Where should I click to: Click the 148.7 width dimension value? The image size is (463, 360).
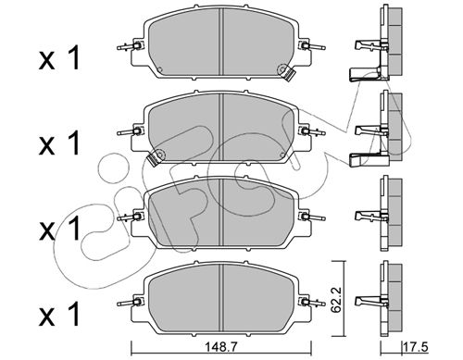coord(222,348)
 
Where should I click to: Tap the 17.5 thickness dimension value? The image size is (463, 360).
coord(416,348)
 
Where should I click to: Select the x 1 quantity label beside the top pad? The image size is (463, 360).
coord(59,57)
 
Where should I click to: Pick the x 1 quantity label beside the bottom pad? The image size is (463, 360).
coord(59,314)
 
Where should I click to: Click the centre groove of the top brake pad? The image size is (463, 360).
coord(221,42)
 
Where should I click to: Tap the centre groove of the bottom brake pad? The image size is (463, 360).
coord(221,298)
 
